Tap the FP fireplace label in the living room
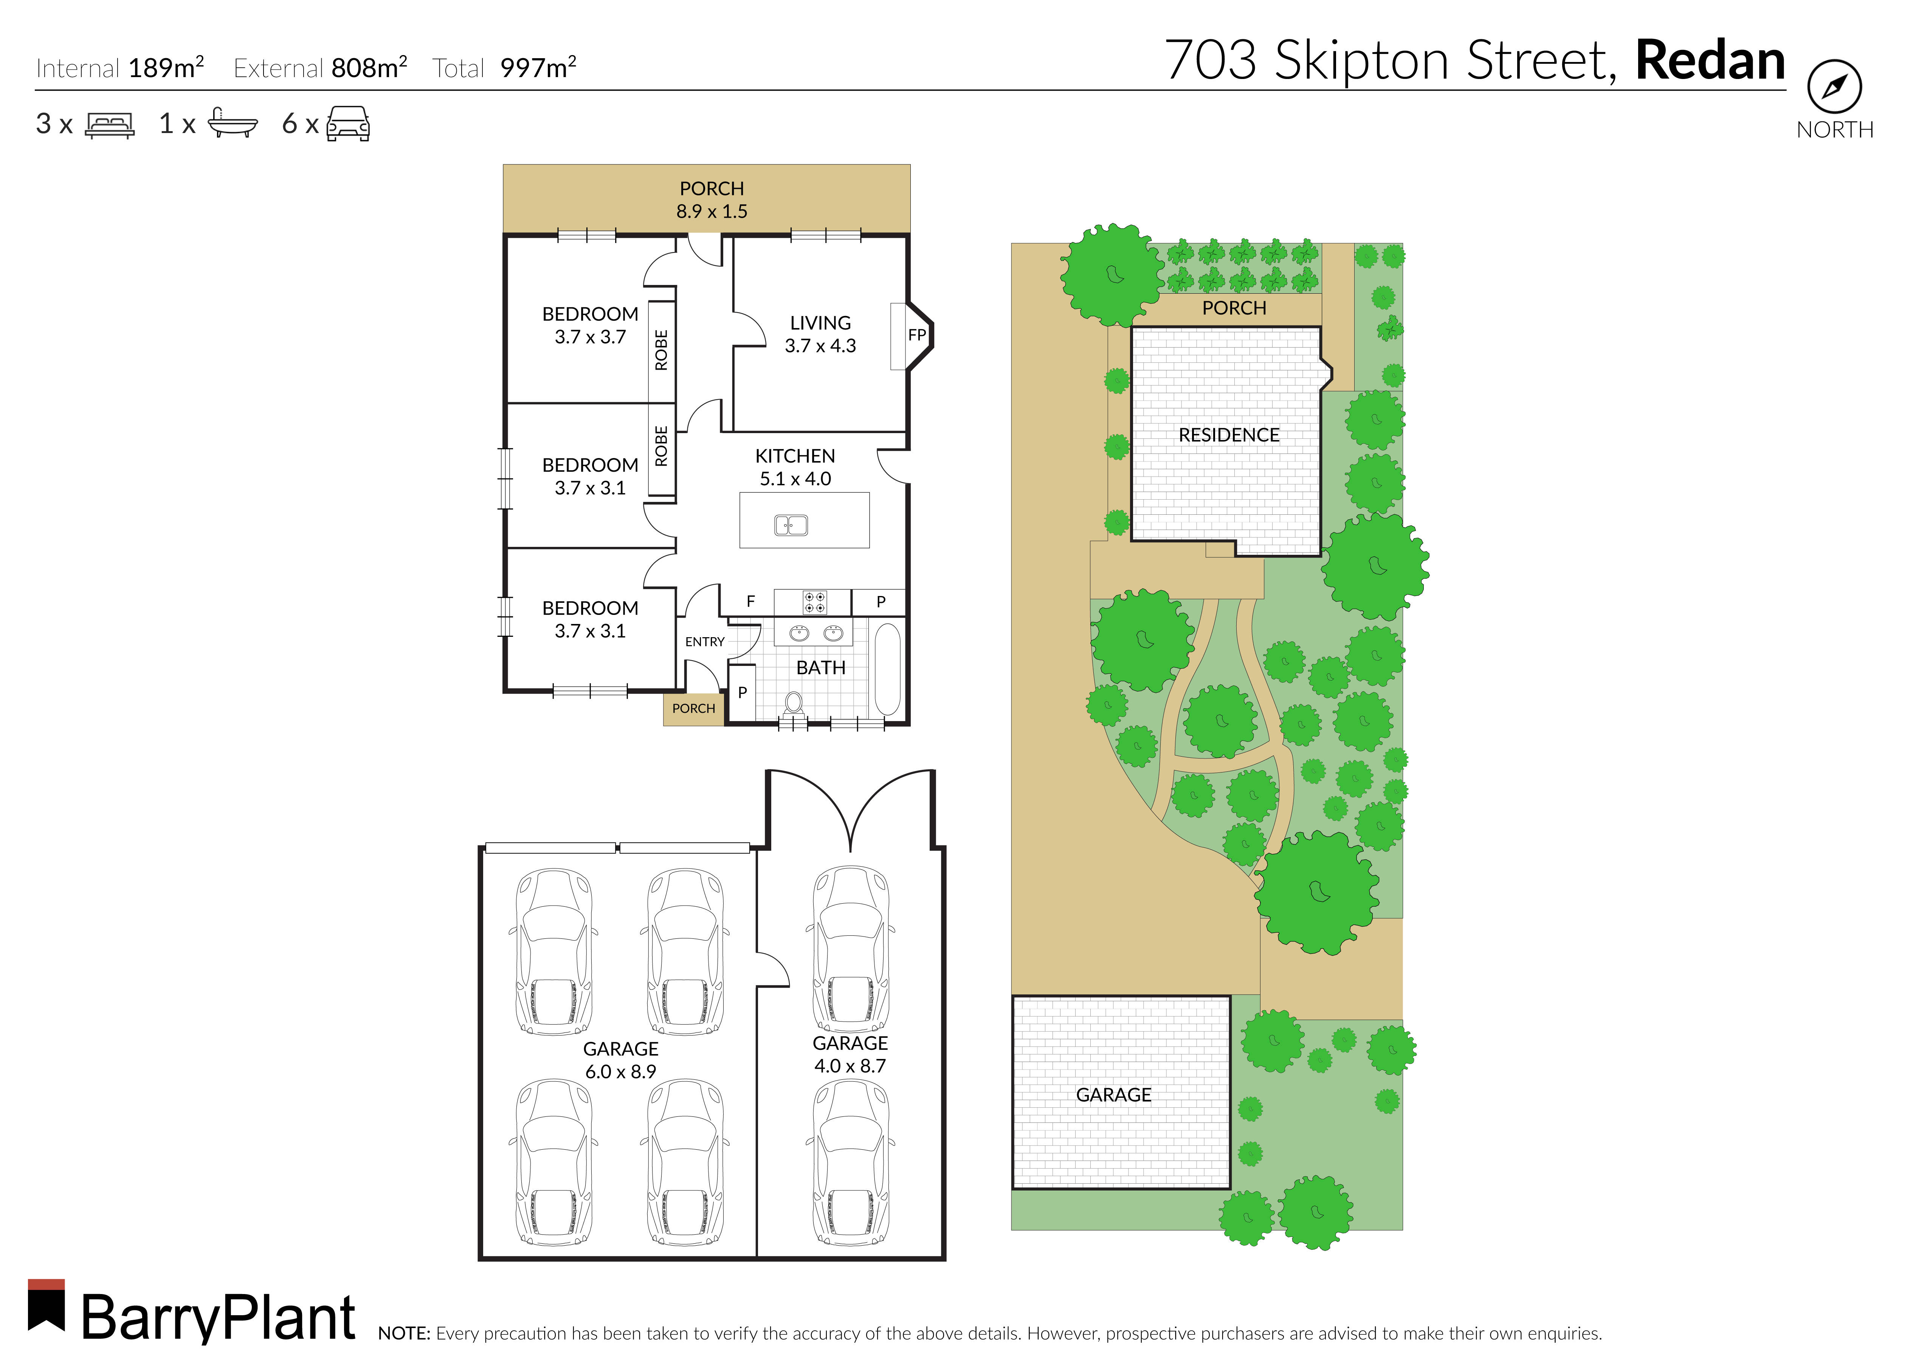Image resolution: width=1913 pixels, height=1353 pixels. [916, 335]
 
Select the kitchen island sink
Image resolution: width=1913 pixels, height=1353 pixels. [791, 525]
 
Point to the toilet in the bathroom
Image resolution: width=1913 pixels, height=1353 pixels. [793, 704]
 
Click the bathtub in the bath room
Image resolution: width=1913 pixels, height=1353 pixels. [887, 669]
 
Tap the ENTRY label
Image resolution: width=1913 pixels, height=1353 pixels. [705, 641]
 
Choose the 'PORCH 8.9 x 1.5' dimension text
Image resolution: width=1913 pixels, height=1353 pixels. [712, 200]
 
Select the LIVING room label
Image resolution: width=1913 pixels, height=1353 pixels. [820, 323]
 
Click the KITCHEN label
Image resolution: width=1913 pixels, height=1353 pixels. [795, 456]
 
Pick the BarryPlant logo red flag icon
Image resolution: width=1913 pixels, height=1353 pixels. [47, 1305]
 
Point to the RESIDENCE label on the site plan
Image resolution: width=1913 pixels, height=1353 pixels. [1228, 435]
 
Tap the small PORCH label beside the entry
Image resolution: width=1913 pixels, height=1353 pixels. [693, 708]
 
